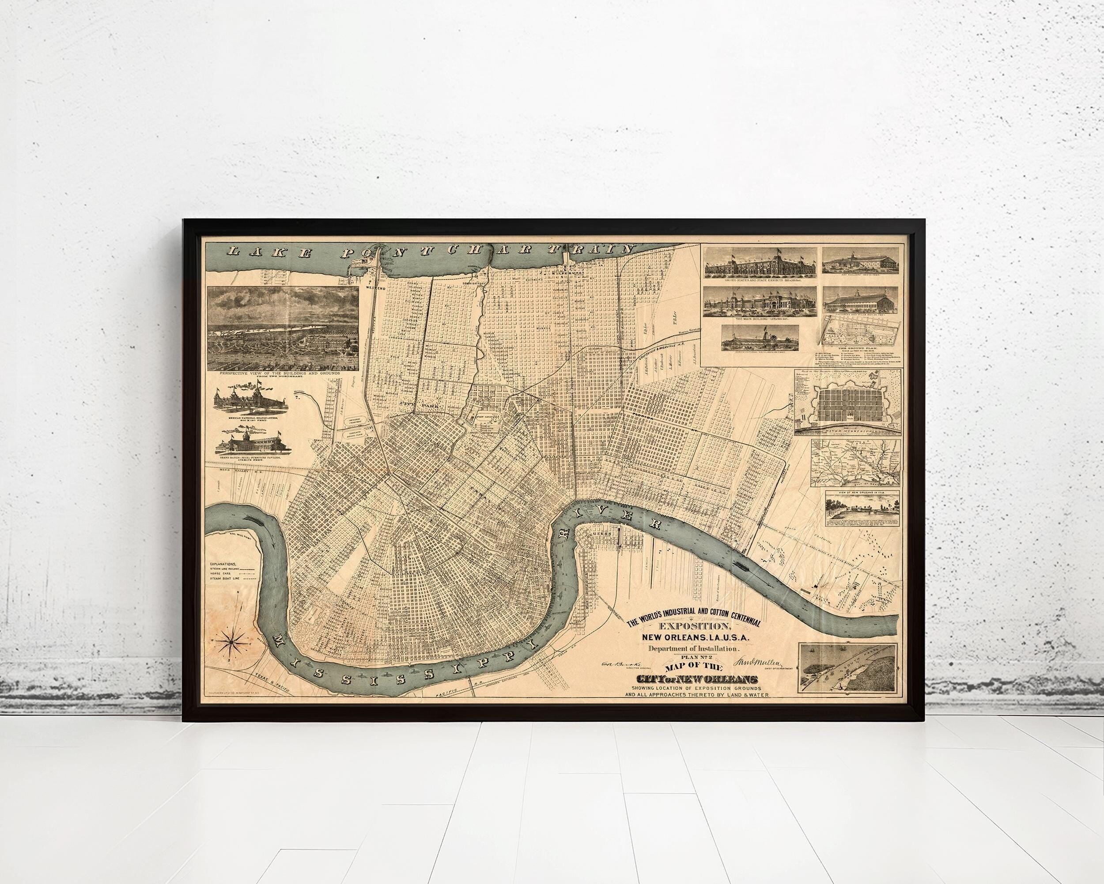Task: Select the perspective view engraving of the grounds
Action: point(283,328)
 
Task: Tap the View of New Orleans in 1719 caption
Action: point(851,492)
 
